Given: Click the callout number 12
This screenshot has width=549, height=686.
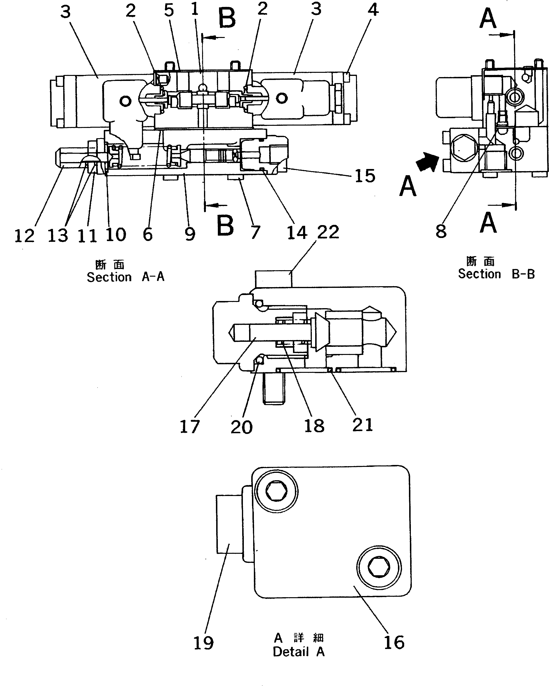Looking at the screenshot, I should coord(24,236).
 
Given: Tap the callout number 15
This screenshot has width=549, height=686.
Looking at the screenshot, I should coord(365,176).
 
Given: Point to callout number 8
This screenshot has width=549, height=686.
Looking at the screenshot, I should coord(441,231).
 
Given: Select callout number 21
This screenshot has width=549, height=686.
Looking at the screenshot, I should coord(362,425).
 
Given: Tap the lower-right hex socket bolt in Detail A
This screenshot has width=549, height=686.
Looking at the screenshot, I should coord(378,567).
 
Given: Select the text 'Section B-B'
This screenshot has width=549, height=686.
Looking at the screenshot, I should coord(496,274).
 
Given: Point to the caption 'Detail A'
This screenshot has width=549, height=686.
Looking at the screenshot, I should coord(299,652).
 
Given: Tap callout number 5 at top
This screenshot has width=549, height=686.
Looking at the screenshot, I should coord(169,10).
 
